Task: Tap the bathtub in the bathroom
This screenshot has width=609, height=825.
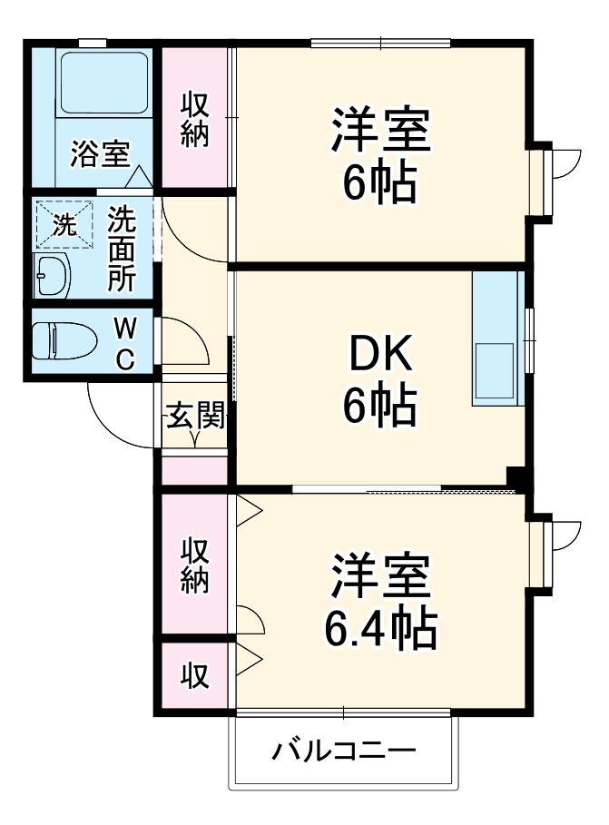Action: click(104, 83)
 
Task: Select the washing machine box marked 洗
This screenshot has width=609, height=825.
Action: click(64, 224)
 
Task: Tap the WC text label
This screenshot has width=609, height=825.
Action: click(125, 342)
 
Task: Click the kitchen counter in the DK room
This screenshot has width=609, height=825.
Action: click(495, 337)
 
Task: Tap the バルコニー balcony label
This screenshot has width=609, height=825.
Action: click(344, 751)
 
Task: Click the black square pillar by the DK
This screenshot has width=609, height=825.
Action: click(516, 477)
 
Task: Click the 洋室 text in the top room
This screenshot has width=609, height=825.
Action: click(380, 133)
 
